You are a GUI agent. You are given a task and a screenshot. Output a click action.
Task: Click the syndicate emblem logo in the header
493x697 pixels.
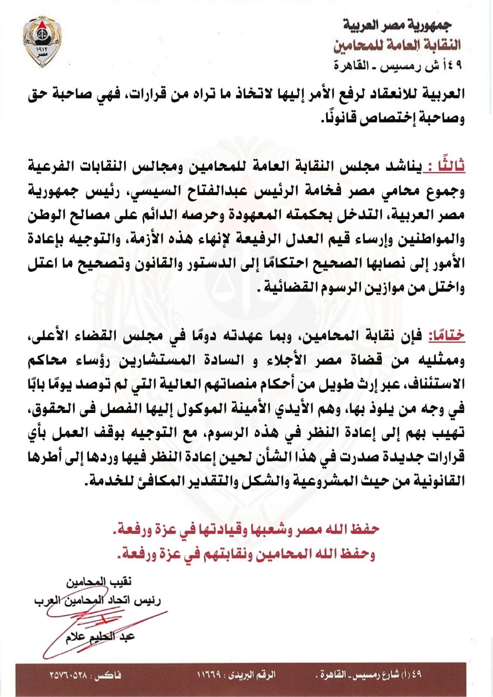[x=43, y=41]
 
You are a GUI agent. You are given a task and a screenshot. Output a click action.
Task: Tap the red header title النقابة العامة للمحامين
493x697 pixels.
[x=397, y=45]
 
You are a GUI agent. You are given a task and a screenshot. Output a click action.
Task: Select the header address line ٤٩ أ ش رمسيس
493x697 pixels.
[x=398, y=66]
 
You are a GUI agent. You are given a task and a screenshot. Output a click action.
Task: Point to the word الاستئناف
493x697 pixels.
[x=435, y=384]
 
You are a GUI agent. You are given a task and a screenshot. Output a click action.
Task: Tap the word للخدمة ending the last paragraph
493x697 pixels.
[x=107, y=481]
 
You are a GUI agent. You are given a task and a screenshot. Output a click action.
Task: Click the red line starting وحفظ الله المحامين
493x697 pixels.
[x=246, y=554]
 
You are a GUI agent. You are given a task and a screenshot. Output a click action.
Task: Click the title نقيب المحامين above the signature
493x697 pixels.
[x=99, y=582]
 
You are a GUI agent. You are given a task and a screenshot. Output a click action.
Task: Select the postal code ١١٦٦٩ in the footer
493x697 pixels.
[x=209, y=675]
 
